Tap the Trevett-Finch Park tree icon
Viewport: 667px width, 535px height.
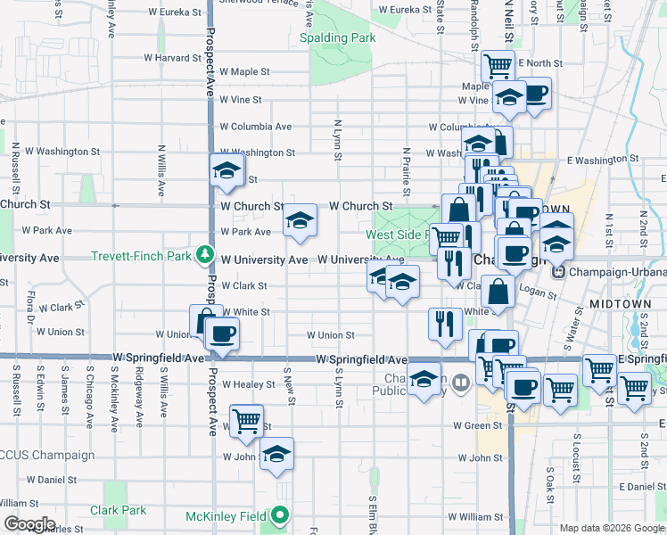[x=206, y=257]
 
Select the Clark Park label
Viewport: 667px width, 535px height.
[x=118, y=511]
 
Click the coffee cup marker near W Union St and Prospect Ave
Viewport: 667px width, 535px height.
[x=221, y=334]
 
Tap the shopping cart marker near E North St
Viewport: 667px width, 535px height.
[x=498, y=65]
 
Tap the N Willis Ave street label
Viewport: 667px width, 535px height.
[x=161, y=171]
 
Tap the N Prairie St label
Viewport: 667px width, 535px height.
[x=406, y=172]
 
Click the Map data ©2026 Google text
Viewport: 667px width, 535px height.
[x=611, y=528]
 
